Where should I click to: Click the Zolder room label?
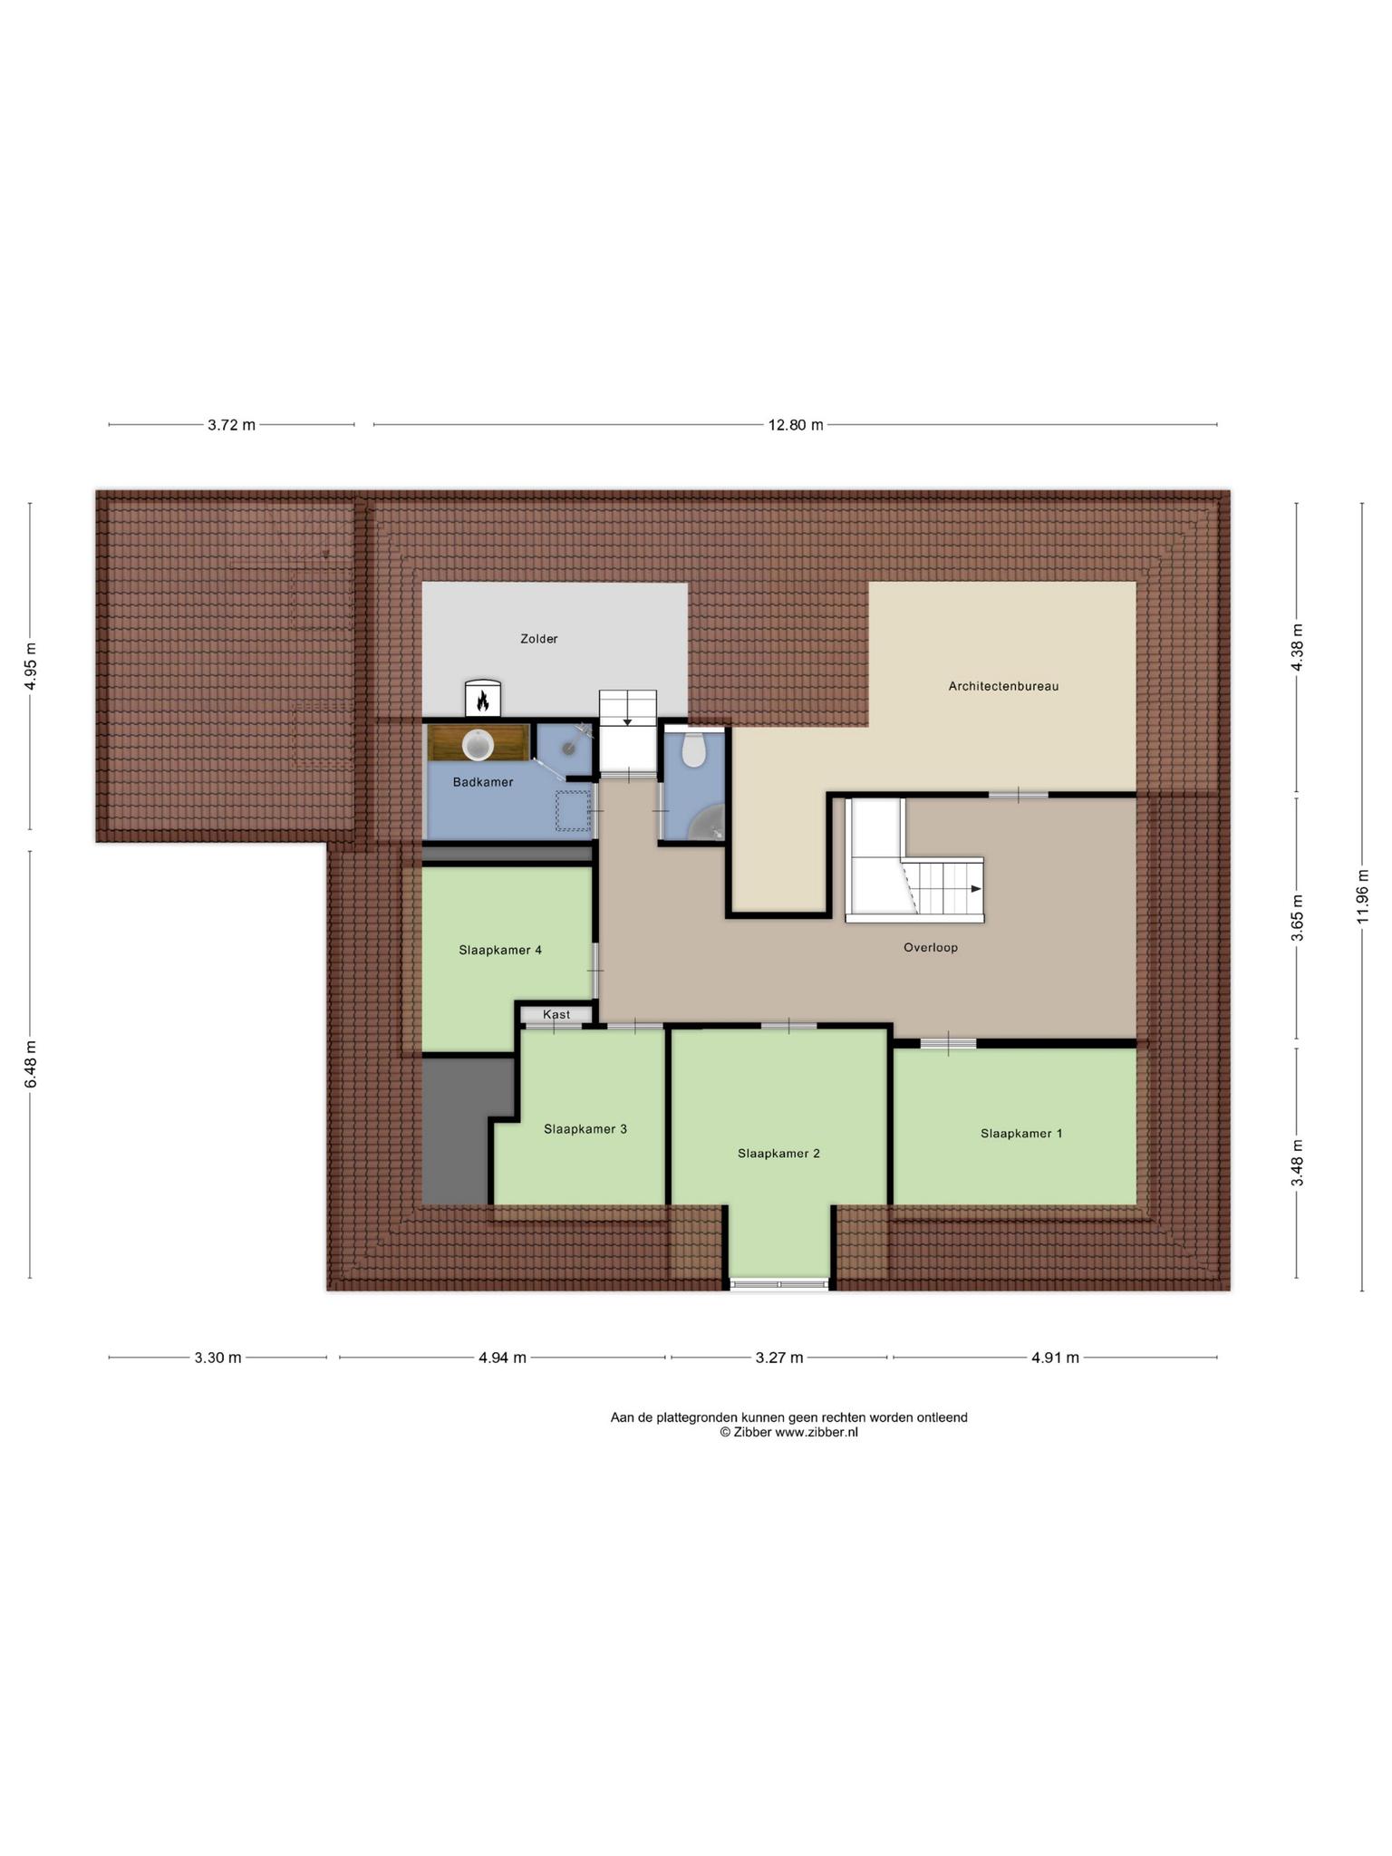click(538, 639)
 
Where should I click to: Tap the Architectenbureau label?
click(1003, 686)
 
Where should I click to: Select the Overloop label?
click(930, 948)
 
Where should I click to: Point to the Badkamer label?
click(483, 782)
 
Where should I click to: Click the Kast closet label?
click(556, 1015)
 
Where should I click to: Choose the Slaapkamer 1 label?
click(1021, 1134)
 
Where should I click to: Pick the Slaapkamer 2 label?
click(778, 1154)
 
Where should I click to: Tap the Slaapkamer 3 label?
click(585, 1129)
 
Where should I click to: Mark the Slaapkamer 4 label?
click(500, 951)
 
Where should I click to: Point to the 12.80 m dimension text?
click(796, 425)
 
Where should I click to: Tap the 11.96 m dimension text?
click(1362, 896)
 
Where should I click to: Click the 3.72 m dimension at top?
click(231, 425)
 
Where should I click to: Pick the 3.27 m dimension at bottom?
click(779, 1358)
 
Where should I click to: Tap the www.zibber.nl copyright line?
click(788, 1433)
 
